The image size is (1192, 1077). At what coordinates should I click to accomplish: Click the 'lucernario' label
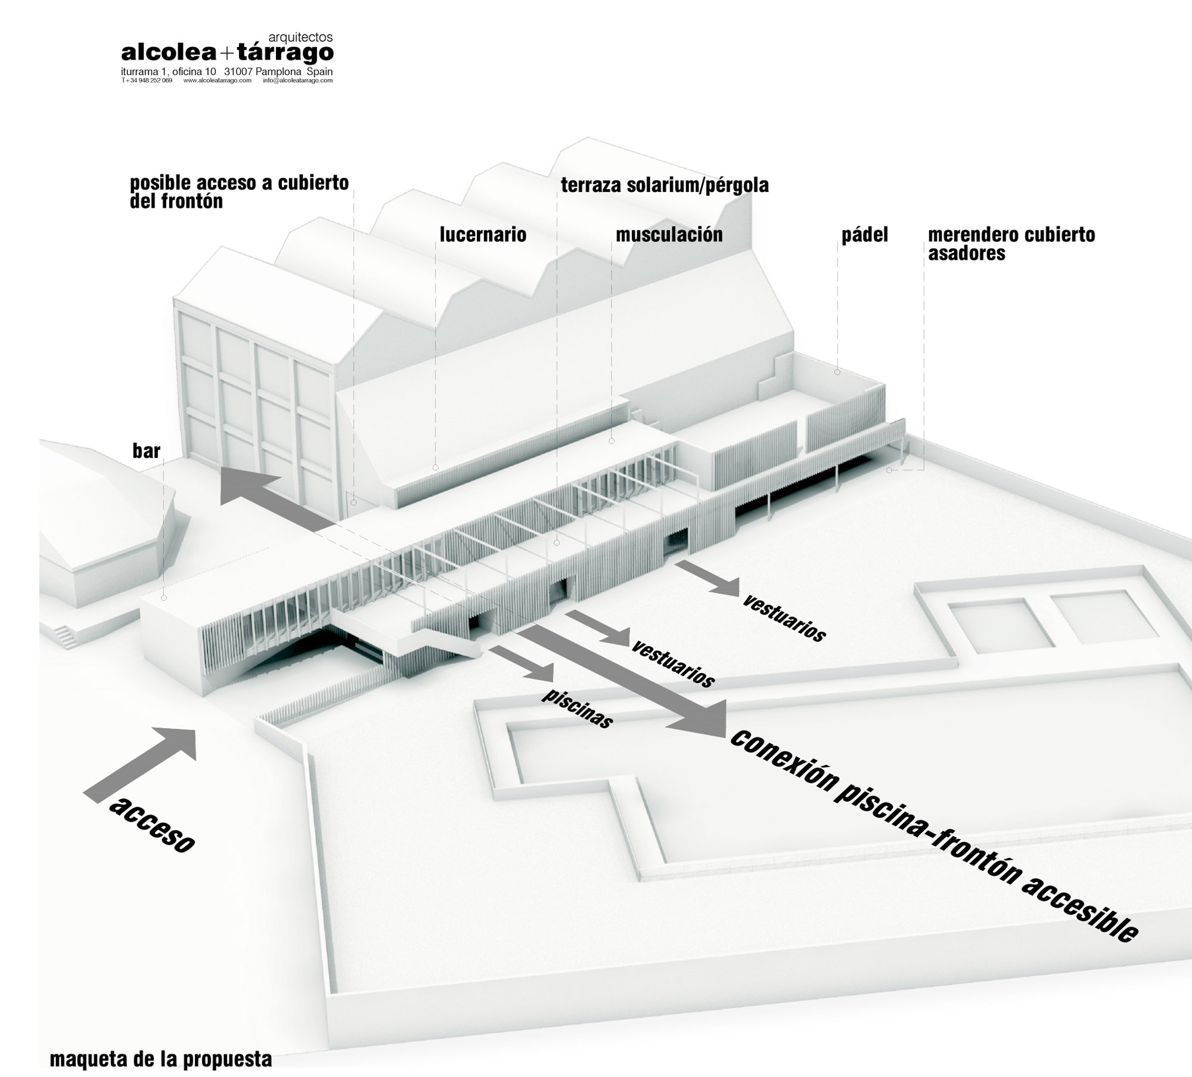pos(483,235)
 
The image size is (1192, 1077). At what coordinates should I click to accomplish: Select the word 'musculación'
pos(669,235)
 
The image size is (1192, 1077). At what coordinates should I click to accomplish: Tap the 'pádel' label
pos(864,235)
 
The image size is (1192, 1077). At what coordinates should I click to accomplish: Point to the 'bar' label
pos(147,451)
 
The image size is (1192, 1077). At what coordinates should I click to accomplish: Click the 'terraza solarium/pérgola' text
pos(665,185)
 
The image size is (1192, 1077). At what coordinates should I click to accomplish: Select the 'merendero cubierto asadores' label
pos(1011,244)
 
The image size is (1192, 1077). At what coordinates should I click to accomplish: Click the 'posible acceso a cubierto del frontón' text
pos(239,191)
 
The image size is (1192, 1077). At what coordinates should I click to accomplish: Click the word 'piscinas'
pos(577,709)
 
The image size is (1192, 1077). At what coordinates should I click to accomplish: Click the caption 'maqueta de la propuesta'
pos(161,1060)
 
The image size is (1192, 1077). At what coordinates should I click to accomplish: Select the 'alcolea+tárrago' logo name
pos(227,54)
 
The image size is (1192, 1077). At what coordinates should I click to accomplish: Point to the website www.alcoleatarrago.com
pos(217,80)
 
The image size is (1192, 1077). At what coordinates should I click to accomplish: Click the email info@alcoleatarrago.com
pos(297,80)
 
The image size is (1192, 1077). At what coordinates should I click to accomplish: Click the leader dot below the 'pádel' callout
pos(837,372)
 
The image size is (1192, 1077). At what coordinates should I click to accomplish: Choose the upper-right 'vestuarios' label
pos(783,616)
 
